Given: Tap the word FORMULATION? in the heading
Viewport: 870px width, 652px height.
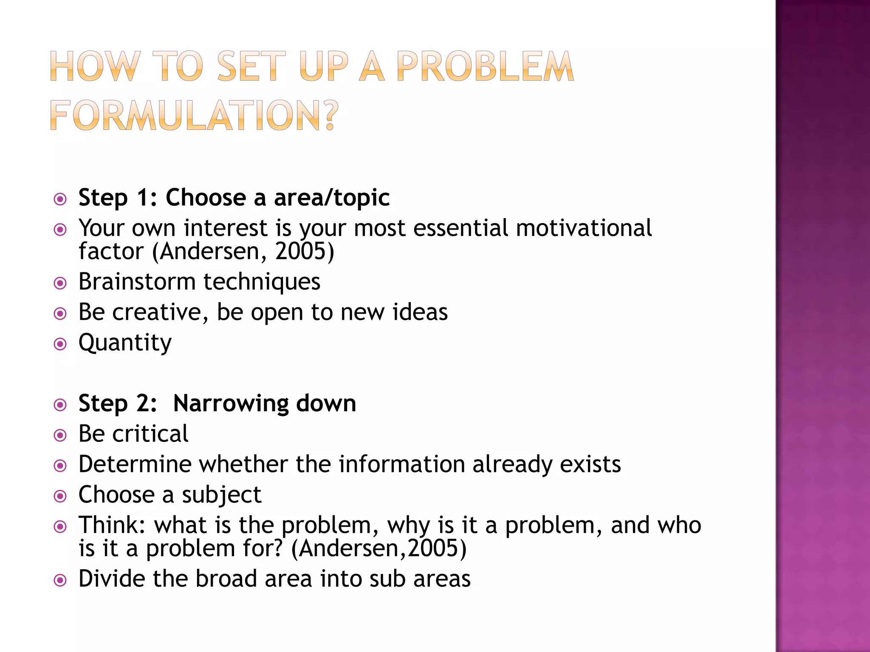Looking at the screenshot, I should click(x=194, y=115).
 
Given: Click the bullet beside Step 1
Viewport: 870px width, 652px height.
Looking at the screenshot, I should click(x=60, y=199).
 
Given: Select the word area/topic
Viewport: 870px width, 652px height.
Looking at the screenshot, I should click(x=332, y=198).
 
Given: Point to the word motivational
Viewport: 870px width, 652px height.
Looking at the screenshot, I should click(x=584, y=228).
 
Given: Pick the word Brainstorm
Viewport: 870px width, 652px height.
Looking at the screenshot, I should click(x=137, y=281).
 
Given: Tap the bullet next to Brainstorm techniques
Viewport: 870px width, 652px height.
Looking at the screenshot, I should click(x=60, y=283).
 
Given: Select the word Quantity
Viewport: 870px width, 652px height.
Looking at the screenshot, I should click(x=125, y=343).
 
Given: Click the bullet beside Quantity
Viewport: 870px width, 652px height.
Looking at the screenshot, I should click(x=60, y=344).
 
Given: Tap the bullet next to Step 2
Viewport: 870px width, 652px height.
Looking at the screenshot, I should click(x=60, y=405).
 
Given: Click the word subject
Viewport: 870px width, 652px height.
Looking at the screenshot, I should click(x=221, y=495).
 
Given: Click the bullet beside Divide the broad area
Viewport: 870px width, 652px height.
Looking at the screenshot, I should click(x=60, y=580).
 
